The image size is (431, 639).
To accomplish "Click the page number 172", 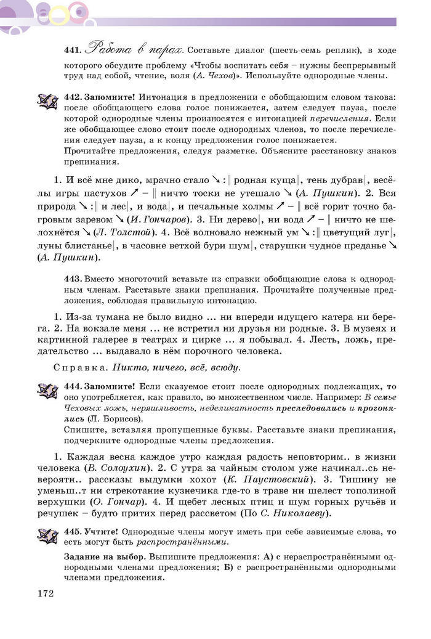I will [x=46, y=593].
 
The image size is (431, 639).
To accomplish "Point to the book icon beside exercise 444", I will [x=47, y=390].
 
